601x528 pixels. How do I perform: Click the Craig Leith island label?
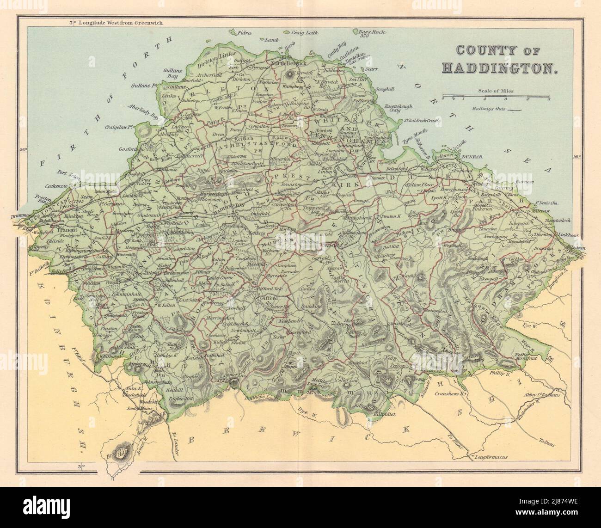(x=304, y=33)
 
